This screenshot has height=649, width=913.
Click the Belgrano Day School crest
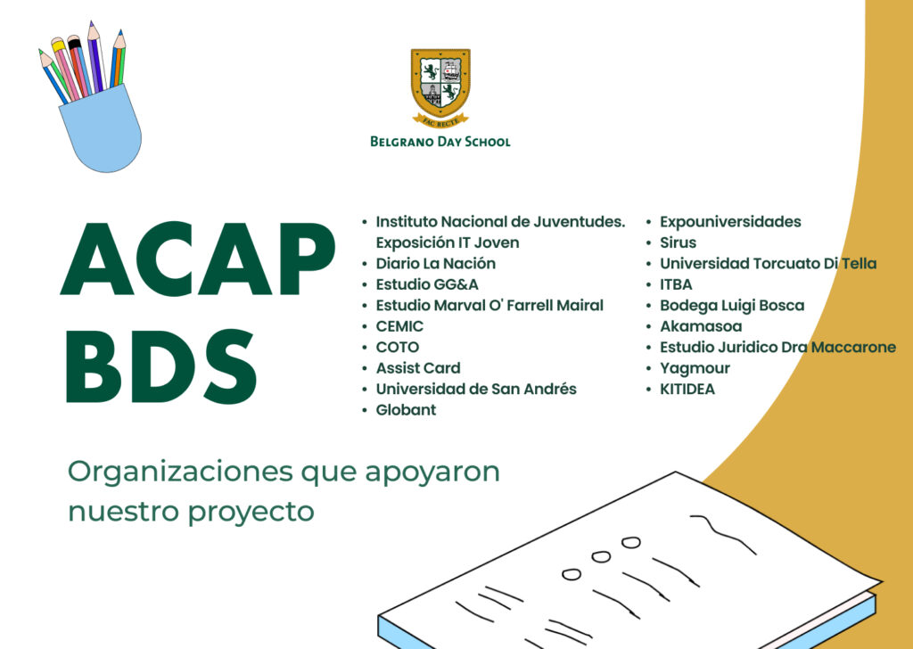click(440, 86)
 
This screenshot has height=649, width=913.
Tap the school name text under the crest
click(440, 142)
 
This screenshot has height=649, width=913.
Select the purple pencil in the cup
click(95, 57)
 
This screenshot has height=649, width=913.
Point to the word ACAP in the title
click(197, 259)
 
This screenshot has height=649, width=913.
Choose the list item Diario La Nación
click(435, 264)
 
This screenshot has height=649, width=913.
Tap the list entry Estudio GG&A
click(427, 284)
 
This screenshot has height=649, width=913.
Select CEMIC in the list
click(399, 326)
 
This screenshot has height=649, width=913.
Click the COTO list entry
click(398, 348)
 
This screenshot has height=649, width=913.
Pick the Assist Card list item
click(418, 368)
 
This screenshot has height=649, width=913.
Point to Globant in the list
click(406, 410)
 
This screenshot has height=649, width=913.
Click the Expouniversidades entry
click(730, 222)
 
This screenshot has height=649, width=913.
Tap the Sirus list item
click(678, 242)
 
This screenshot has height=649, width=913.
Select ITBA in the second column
click(676, 284)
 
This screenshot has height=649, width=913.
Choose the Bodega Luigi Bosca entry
click(732, 306)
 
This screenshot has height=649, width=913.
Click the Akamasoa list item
click(701, 326)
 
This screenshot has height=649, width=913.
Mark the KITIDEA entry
click(687, 390)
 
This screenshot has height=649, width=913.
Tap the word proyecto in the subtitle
click(251, 513)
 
